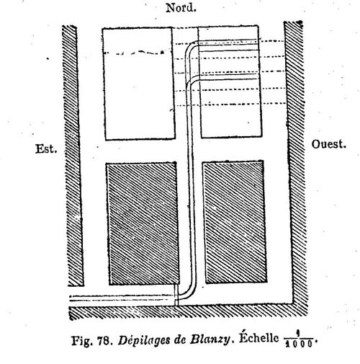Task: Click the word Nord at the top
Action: tap(181, 8)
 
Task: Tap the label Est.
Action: tap(46, 148)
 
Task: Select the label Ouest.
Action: tap(329, 144)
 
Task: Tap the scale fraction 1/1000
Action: tap(299, 340)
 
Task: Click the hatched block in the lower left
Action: tap(143, 223)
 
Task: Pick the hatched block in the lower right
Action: tap(235, 222)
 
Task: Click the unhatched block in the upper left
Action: tap(138, 84)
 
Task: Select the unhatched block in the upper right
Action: tap(230, 81)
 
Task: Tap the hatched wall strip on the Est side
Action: tap(73, 156)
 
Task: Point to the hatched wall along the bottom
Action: tap(188, 311)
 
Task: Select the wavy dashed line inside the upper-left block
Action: tap(135, 53)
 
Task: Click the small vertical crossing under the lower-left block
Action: tap(176, 296)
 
